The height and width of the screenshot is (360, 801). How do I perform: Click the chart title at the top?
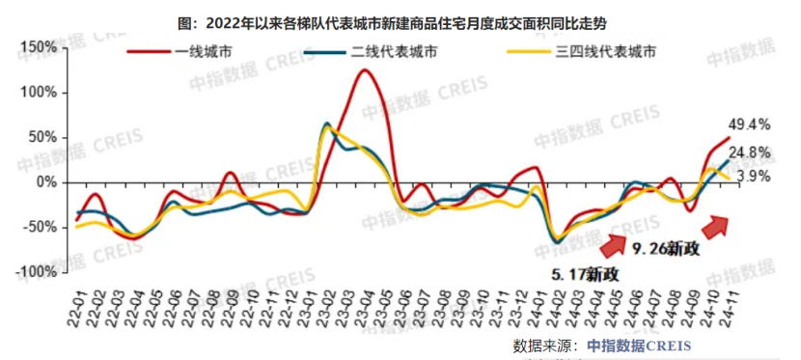click(x=400, y=19)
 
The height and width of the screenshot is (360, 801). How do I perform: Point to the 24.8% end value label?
click(x=749, y=152)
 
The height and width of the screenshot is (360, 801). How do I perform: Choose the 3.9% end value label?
click(x=752, y=177)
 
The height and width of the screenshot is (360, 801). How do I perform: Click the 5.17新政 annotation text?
click(x=585, y=274)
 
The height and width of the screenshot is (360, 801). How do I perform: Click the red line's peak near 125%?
click(x=365, y=69)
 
